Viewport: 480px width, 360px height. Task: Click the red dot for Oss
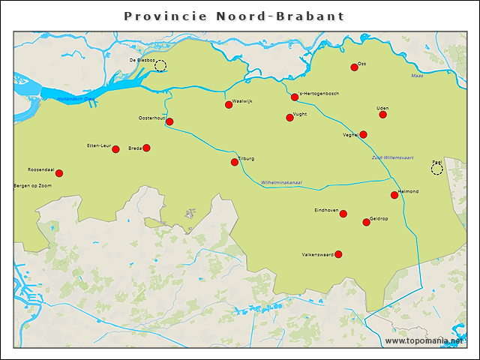pyautogui.click(x=354, y=67)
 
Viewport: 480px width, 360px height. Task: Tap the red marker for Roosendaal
pyautogui.click(x=59, y=173)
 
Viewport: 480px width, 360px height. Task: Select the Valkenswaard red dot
pyautogui.click(x=338, y=254)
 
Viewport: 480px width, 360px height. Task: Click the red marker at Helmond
pyautogui.click(x=394, y=195)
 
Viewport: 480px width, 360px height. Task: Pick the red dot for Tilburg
pyautogui.click(x=235, y=162)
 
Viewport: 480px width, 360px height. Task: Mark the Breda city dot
pyautogui.click(x=146, y=148)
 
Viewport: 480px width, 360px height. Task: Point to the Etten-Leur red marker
pyautogui.click(x=115, y=149)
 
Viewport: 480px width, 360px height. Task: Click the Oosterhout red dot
pyautogui.click(x=169, y=121)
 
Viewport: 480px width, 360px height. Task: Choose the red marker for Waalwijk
pyautogui.click(x=229, y=104)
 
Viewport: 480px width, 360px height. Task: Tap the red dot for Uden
pyautogui.click(x=383, y=115)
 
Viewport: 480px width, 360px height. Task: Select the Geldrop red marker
pyautogui.click(x=366, y=222)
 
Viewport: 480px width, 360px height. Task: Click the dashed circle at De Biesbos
pyautogui.click(x=160, y=66)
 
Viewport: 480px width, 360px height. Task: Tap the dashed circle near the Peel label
pyautogui.click(x=436, y=169)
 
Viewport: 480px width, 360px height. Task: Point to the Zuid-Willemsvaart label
pyautogui.click(x=392, y=157)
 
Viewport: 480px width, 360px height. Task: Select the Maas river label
pyautogui.click(x=417, y=76)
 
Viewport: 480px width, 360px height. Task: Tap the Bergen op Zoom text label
pyautogui.click(x=32, y=185)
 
